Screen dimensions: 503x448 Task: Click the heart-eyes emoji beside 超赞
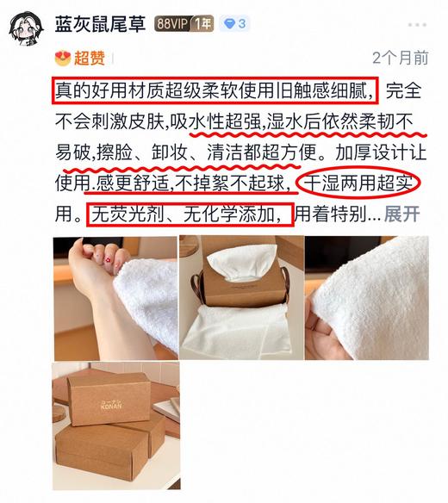[x=62, y=58]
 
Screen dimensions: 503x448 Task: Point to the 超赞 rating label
[x=90, y=58]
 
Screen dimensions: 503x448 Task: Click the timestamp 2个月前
[x=400, y=58]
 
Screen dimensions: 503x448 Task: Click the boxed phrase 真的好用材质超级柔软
[x=146, y=88]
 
